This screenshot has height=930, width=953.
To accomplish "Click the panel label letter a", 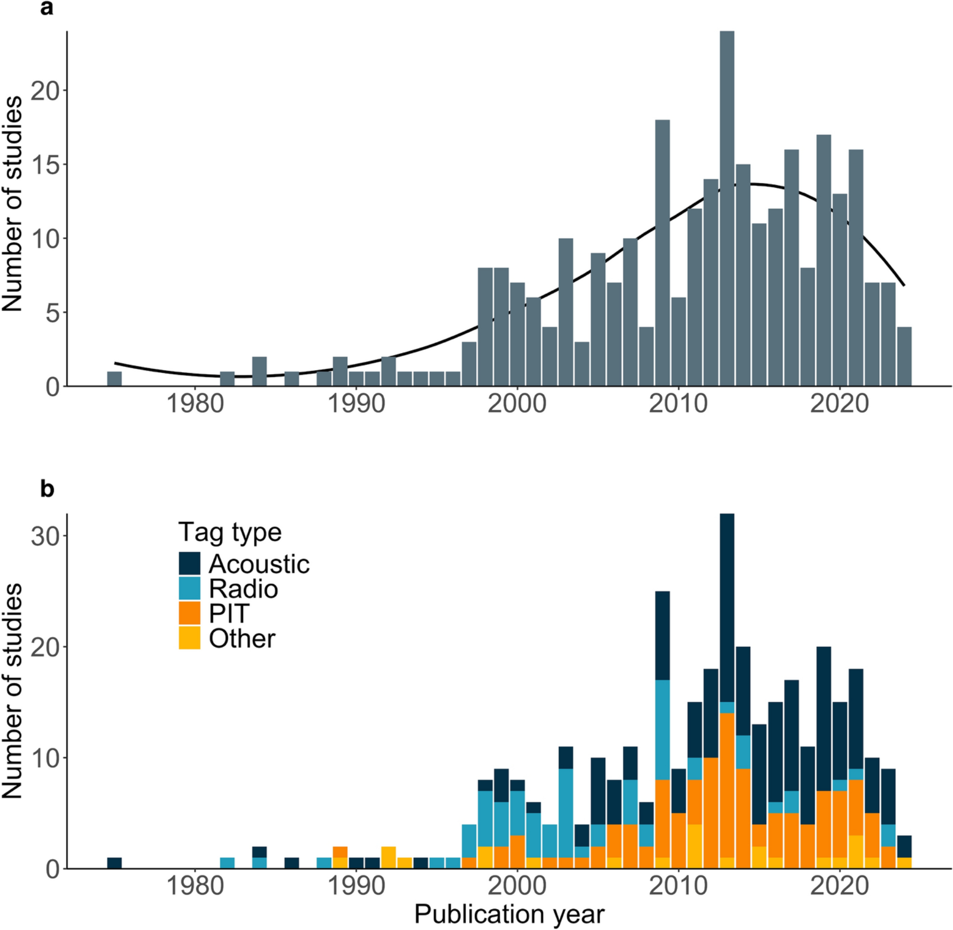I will click(x=46, y=8).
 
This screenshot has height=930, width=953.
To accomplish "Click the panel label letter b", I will click(x=47, y=489).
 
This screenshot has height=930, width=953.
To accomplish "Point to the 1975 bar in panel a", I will click(x=114, y=379).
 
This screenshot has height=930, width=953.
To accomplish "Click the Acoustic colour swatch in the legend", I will click(x=190, y=564).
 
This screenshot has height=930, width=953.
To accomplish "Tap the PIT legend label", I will click(x=229, y=614).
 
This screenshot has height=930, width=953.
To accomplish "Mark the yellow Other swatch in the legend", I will click(x=190, y=638).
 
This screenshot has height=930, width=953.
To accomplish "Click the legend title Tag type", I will click(x=230, y=532).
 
